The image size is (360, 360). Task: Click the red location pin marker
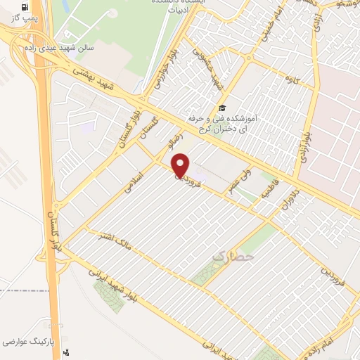(x=181, y=166)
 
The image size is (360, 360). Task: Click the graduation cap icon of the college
(x=222, y=108)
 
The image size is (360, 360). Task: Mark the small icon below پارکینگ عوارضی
(x=67, y=354)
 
